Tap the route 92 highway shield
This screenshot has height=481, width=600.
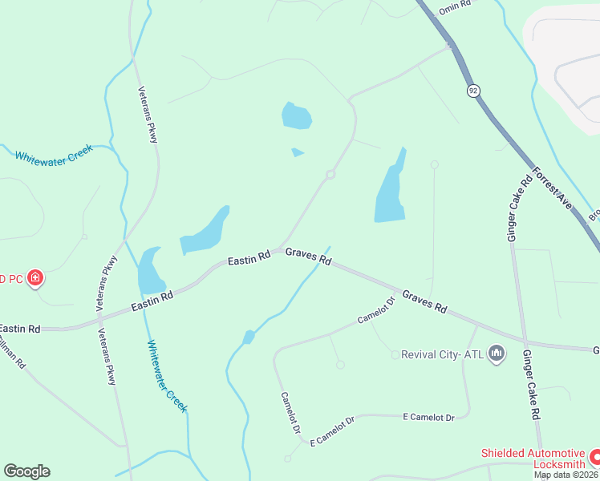point(474,91)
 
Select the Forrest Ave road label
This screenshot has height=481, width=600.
point(552,190)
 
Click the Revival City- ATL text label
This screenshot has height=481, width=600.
point(442,354)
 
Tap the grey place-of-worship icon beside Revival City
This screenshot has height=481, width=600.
point(497,354)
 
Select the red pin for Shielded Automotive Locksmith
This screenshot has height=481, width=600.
point(594,457)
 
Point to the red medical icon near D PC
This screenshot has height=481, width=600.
point(34,279)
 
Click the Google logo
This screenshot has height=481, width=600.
point(26,471)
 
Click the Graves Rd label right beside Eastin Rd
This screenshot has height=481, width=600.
point(309,257)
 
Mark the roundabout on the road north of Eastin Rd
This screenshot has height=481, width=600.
point(330,175)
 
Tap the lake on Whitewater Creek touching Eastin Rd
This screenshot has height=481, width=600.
point(150,273)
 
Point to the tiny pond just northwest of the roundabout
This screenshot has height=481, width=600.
point(297,152)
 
